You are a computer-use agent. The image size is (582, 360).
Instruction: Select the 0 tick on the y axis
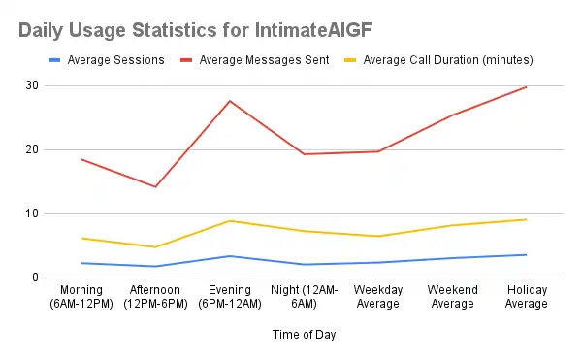[x=35, y=278]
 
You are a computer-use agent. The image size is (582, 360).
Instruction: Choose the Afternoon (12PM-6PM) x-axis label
[x=155, y=297]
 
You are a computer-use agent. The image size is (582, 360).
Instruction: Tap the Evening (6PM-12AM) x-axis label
[x=230, y=297]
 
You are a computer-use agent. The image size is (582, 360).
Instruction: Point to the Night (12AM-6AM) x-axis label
[x=304, y=297]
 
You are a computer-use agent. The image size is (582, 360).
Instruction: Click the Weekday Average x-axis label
[x=378, y=297]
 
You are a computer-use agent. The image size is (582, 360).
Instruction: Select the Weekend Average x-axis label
[x=453, y=297]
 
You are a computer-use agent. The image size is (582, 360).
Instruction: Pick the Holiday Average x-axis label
[x=527, y=297]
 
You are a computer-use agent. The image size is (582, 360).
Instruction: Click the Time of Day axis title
[x=304, y=335]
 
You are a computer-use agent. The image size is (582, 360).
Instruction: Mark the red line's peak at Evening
[x=230, y=101]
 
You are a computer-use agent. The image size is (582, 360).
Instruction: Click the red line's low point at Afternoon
[x=155, y=186]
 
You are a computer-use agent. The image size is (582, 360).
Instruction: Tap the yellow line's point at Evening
[x=230, y=220]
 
